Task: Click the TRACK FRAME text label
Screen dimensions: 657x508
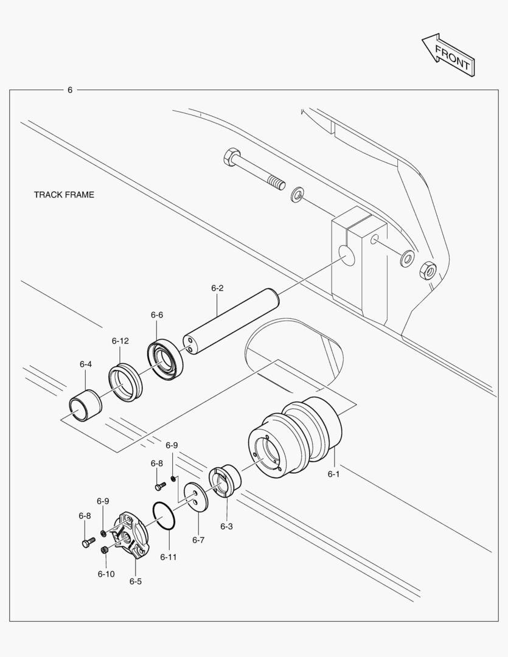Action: tap(64, 195)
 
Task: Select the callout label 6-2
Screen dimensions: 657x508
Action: tap(218, 288)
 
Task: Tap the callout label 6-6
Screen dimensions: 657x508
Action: tap(157, 315)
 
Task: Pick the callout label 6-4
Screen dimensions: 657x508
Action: tap(86, 364)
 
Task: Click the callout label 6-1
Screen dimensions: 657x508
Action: tap(333, 474)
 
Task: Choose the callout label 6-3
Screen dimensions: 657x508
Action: tap(226, 526)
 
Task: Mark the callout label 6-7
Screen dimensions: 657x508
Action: tap(198, 540)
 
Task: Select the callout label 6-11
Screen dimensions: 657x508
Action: tap(169, 556)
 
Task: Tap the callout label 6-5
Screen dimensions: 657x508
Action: tap(135, 581)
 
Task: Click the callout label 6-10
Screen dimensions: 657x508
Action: tap(106, 574)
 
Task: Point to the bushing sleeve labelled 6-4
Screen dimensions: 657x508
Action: tap(85, 404)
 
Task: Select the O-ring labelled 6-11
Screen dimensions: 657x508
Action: tap(164, 516)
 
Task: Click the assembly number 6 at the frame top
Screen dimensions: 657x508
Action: tap(70, 90)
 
